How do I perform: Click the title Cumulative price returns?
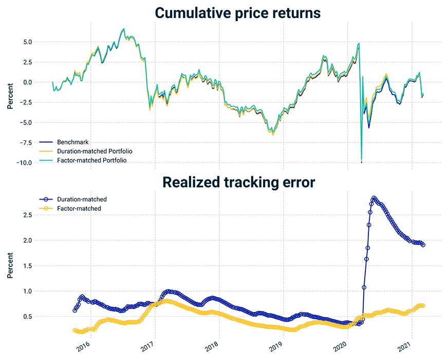pyautogui.click(x=238, y=13)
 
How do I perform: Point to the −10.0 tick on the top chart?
pyautogui.click(x=26, y=163)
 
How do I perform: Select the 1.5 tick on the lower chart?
pyautogui.click(x=29, y=266)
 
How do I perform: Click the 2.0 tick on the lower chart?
pyautogui.click(x=29, y=241)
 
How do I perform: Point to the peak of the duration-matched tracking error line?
pyautogui.click(x=374, y=198)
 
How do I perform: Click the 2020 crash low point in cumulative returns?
pyautogui.click(x=362, y=161)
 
